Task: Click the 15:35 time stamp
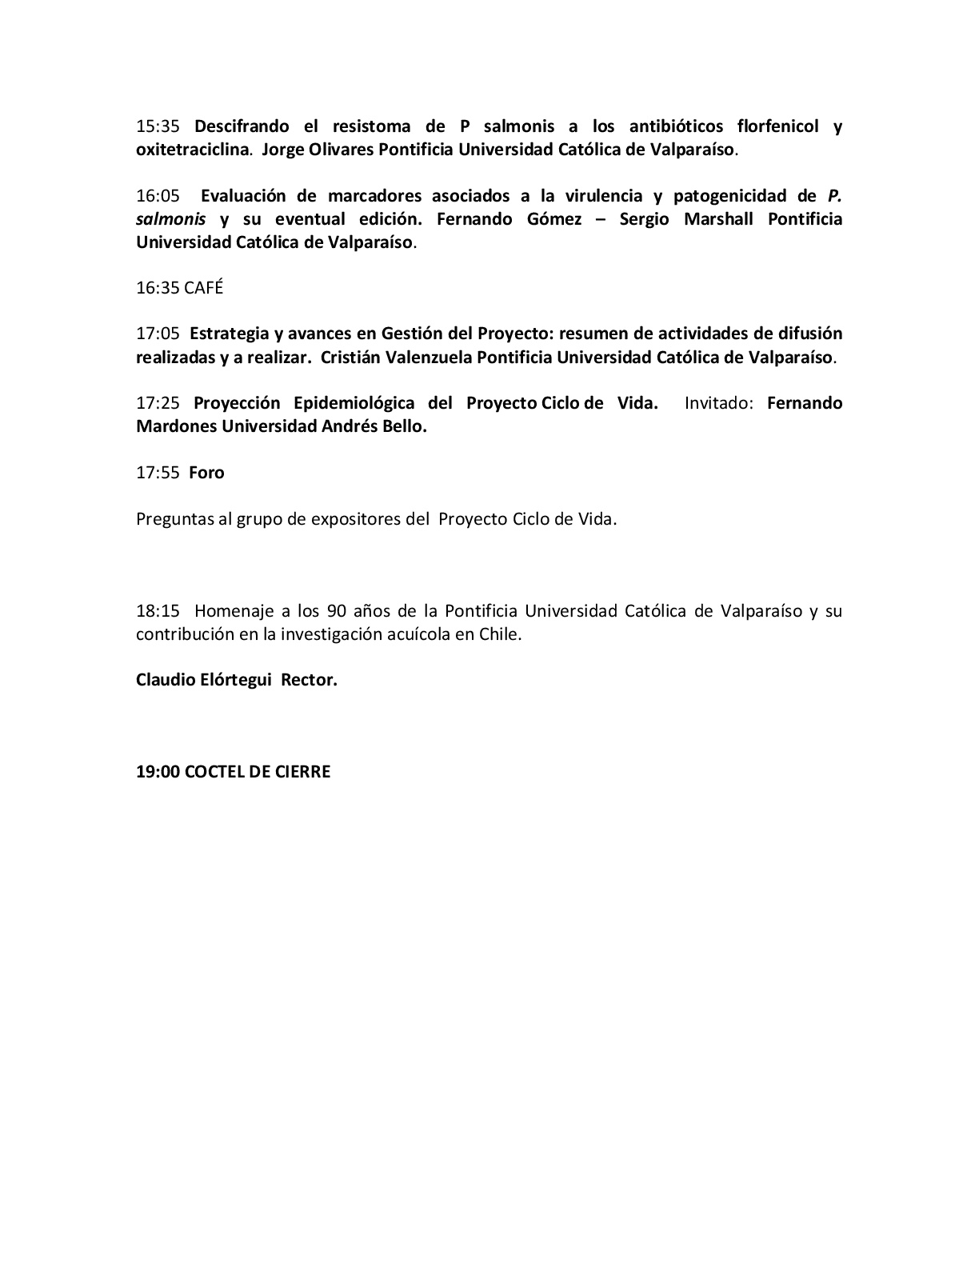tap(158, 126)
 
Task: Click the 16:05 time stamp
tap(158, 196)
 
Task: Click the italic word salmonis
tap(170, 219)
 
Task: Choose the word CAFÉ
tap(203, 288)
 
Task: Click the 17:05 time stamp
tap(158, 334)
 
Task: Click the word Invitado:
tap(719, 403)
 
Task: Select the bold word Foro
tap(206, 473)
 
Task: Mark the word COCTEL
tap(215, 772)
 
